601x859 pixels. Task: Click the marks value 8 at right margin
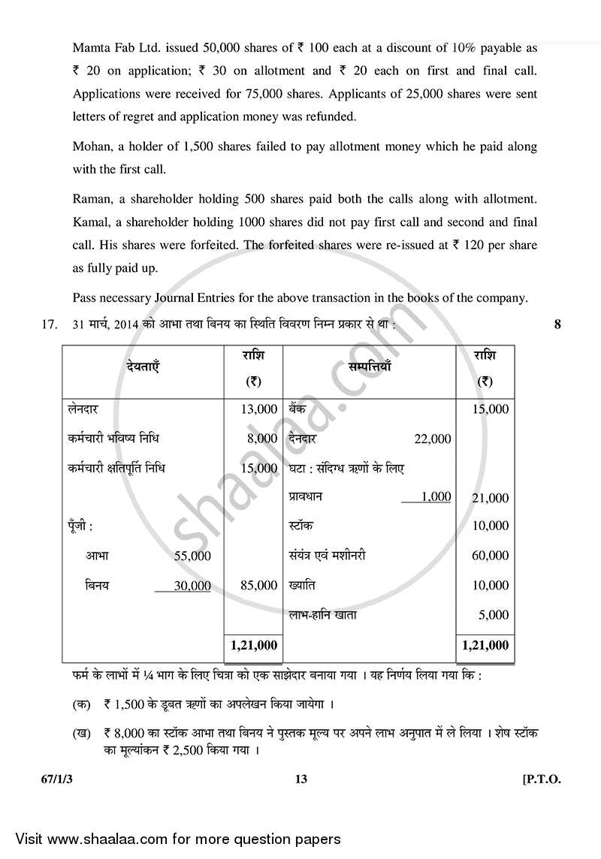point(557,324)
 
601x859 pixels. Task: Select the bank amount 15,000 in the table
point(490,409)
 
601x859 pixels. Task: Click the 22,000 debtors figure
point(432,439)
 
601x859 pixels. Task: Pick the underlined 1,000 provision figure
point(436,496)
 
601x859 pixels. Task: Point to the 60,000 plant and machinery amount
point(490,556)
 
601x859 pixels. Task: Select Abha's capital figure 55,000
point(192,556)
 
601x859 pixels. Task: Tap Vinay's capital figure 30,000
point(192,586)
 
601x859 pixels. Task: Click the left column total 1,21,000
point(254,645)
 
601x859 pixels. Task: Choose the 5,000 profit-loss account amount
point(493,615)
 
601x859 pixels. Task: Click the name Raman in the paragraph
point(91,199)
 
